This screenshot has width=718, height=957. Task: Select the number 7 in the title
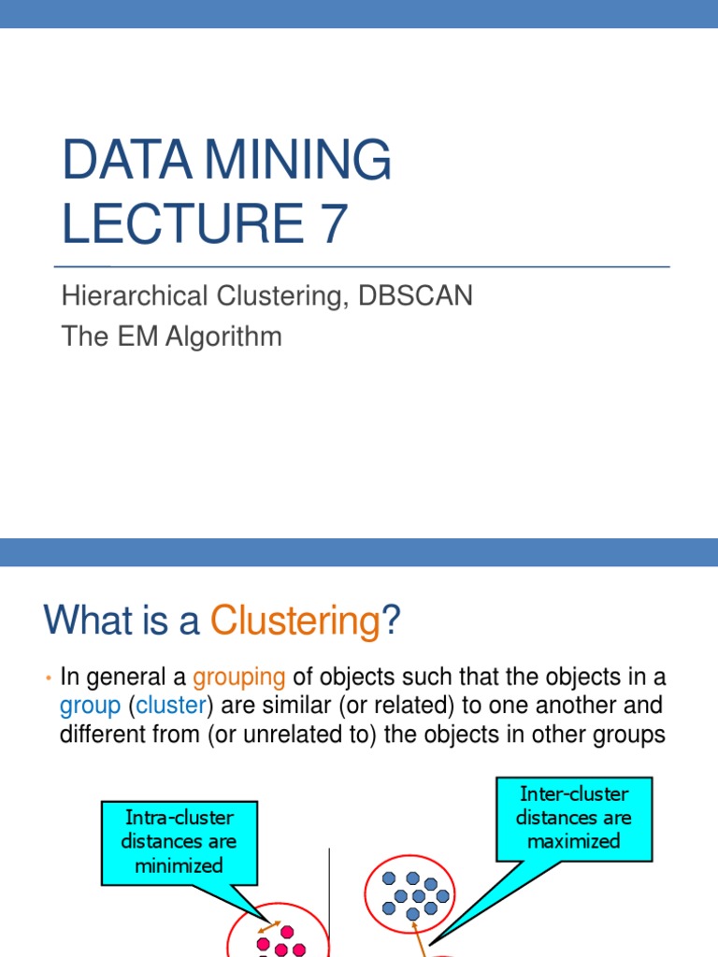pos(332,224)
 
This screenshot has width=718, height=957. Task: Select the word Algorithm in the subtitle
pos(224,336)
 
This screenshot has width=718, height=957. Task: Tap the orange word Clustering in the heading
pos(294,621)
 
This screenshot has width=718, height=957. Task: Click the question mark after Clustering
pos(391,621)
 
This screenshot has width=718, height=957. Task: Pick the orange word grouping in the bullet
pos(239,676)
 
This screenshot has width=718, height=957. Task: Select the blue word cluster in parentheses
pos(170,705)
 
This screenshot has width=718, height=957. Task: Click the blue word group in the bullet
pos(90,705)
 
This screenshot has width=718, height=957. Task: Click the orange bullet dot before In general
pos(48,676)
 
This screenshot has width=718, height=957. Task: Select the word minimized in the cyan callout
pos(179,864)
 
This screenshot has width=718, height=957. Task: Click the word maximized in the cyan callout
pos(573,841)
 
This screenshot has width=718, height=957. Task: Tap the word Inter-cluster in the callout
pos(573,794)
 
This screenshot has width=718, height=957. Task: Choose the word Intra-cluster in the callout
pos(179,818)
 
